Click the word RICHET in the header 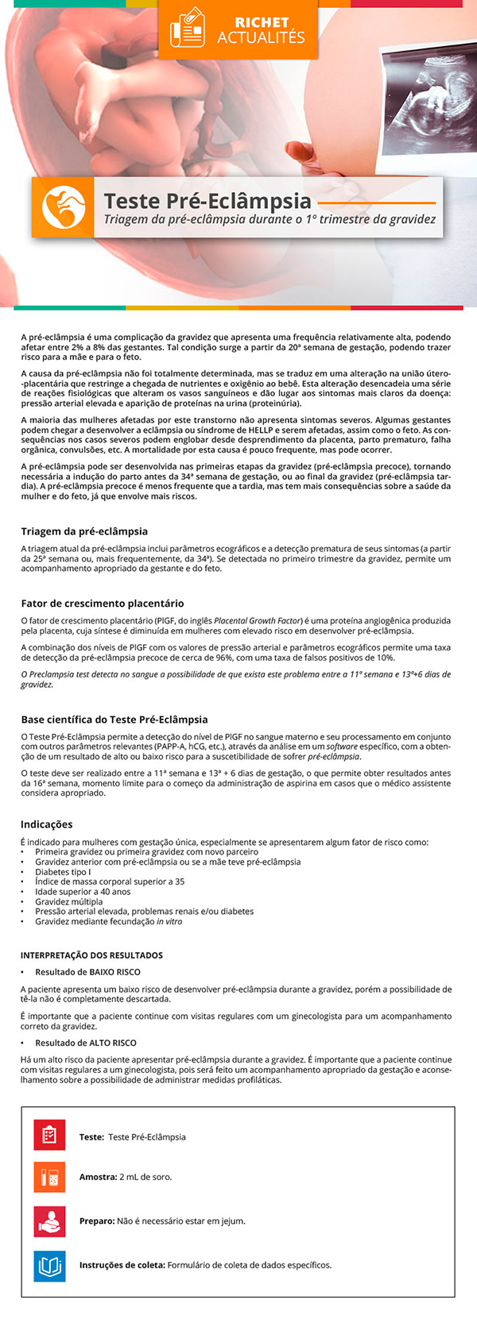[262, 22]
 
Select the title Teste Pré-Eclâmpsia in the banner [207, 201]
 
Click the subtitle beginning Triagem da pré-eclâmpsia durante [270, 219]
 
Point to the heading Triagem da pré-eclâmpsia [84, 531]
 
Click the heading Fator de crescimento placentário [103, 604]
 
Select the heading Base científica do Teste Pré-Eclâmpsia [114, 719]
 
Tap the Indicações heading [47, 824]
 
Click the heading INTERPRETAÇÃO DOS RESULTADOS [91, 955]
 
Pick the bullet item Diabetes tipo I [63, 872]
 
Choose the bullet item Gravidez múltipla [69, 902]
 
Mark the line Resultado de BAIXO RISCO [87, 972]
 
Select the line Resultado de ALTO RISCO [86, 1043]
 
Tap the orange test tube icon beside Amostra [49, 1177]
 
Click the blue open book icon [49, 1265]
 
